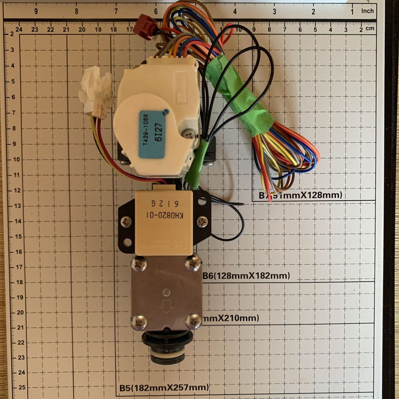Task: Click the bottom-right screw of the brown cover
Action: (193, 321)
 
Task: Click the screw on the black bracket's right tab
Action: (202, 220)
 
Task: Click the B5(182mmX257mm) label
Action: (164, 387)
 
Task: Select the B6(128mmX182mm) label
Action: (246, 276)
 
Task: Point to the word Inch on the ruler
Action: (367, 11)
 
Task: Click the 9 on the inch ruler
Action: (36, 11)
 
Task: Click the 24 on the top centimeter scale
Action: (19, 29)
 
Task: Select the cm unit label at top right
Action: (370, 29)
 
